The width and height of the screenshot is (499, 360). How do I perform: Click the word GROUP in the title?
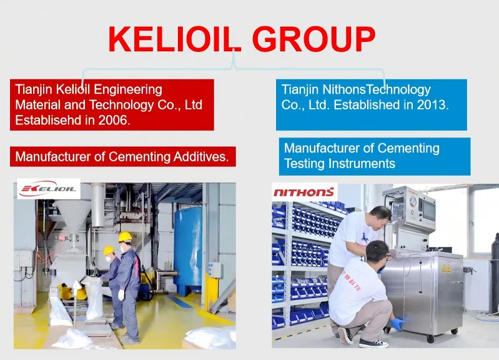tap(314, 39)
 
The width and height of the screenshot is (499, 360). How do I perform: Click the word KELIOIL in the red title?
tap(175, 39)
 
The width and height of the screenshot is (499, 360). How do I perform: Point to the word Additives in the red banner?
tap(200, 156)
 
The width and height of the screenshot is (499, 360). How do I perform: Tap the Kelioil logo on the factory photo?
tap(48, 189)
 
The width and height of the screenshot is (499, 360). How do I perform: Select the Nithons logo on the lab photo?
tap(304, 192)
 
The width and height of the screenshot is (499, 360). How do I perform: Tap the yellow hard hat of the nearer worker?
tap(125, 237)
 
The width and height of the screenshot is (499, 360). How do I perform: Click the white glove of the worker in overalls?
tap(121, 295)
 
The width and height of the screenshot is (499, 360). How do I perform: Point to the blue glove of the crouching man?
tap(398, 324)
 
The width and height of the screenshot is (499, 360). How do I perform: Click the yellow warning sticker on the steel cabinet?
tap(446, 268)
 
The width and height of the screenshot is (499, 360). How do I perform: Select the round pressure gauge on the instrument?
tap(413, 201)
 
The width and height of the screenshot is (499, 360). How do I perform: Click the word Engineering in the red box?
tap(128, 90)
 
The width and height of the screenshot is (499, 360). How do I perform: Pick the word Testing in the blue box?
tap(305, 164)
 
